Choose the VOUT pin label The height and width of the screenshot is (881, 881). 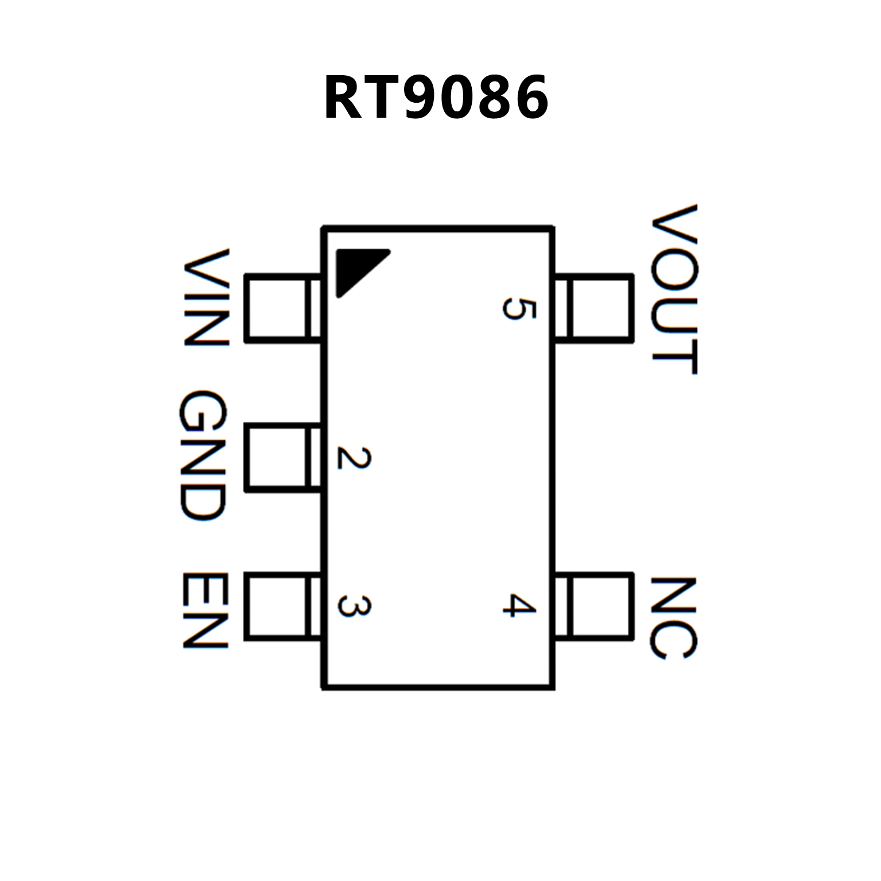tap(674, 289)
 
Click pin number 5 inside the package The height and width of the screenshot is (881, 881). tap(519, 309)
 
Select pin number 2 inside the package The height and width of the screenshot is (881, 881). tap(354, 457)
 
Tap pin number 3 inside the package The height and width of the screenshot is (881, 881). tap(354, 606)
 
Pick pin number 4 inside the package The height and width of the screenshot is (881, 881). tap(519, 605)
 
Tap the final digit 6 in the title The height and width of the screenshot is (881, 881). tap(529, 99)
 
